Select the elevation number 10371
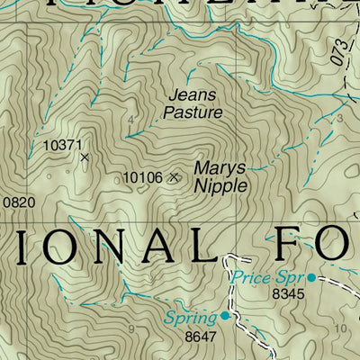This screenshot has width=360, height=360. click(62, 144)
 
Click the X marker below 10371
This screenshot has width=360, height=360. click(85, 157)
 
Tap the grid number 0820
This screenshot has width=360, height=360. click(17, 202)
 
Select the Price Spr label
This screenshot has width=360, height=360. click(267, 277)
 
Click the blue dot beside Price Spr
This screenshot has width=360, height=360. click(311, 277)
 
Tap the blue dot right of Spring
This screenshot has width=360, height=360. click(224, 316)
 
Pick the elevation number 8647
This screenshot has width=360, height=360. click(202, 337)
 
